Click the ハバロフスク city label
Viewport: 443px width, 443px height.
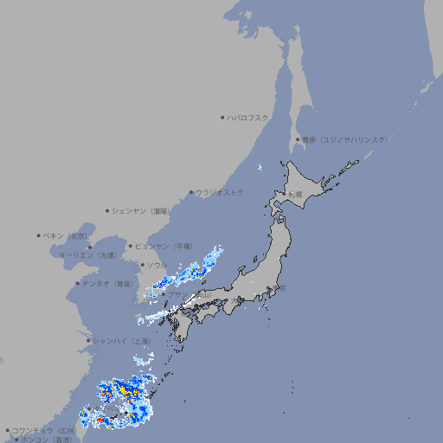tap(248, 117)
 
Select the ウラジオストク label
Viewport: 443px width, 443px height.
tap(220, 192)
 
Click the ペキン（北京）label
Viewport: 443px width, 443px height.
tap(67, 235)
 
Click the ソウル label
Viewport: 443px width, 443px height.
tap(157, 265)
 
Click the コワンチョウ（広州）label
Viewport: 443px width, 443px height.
tap(44, 430)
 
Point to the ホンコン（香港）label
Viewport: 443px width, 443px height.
tap(44, 440)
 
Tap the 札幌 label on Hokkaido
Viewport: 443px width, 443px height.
tap(296, 195)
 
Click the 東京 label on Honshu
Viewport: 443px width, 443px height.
tap(277, 288)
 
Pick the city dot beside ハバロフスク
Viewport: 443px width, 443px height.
tap(222, 117)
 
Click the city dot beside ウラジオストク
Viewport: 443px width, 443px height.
tap(191, 192)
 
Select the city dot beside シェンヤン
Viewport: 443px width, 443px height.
tap(107, 210)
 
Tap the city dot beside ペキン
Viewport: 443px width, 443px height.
tap(39, 235)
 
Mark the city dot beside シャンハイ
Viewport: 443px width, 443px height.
tap(88, 341)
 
